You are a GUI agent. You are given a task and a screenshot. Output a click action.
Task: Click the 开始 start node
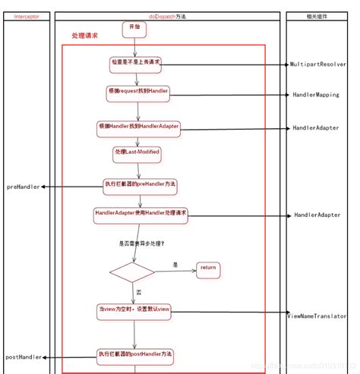click(134, 27)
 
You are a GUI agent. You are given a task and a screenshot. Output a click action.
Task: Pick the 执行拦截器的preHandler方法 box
click(140, 184)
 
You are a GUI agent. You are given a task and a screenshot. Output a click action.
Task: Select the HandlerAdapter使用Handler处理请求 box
click(141, 215)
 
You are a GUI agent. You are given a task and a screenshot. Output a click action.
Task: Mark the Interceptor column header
click(27, 15)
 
